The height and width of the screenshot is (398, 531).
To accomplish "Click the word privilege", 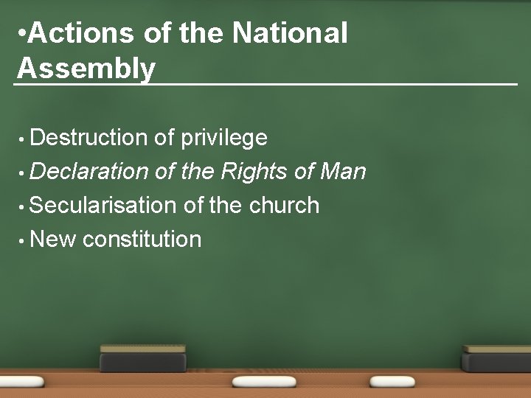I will pyautogui.click(x=224, y=137).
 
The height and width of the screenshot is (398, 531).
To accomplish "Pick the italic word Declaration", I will pyautogui.click(x=90, y=172).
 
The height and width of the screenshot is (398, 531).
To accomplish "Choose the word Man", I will pyautogui.click(x=342, y=172).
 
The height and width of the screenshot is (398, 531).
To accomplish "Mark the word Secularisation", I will pyautogui.click(x=104, y=205).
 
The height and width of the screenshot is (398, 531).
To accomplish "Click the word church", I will pyautogui.click(x=285, y=205).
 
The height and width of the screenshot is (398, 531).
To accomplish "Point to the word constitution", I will pyautogui.click(x=142, y=239).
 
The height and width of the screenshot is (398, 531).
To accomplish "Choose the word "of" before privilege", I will pyautogui.click(x=164, y=137).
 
